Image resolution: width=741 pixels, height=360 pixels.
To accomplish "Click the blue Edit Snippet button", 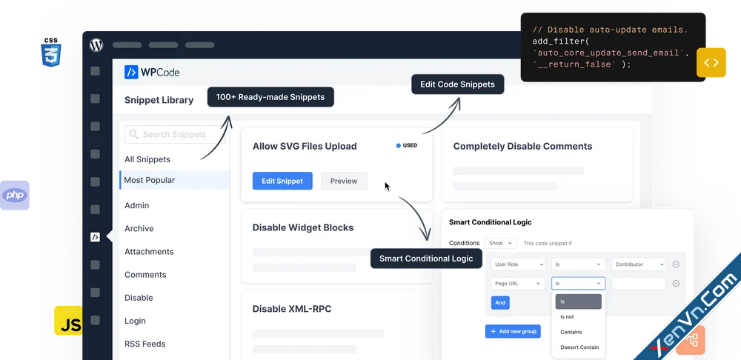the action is pyautogui.click(x=282, y=181).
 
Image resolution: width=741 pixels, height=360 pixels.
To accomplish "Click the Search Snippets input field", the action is pyautogui.click(x=175, y=135).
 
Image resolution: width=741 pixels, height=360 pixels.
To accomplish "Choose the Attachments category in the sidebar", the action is pyautogui.click(x=149, y=251).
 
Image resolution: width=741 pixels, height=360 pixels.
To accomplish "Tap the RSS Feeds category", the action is pyautogui.click(x=144, y=344).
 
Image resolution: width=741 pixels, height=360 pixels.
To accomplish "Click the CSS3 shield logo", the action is pyautogui.click(x=51, y=53).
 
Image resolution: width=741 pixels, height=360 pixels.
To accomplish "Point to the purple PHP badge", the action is pyautogui.click(x=15, y=195).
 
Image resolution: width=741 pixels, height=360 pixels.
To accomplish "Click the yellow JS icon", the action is pyautogui.click(x=68, y=321).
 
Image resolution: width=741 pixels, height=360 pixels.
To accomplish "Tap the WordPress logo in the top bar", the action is pyautogui.click(x=96, y=45).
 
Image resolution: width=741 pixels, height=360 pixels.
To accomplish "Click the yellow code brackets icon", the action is pyautogui.click(x=711, y=62).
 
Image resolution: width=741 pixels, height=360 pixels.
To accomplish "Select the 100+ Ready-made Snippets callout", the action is pyautogui.click(x=270, y=97).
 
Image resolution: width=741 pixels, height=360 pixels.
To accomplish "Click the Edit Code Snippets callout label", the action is pyautogui.click(x=457, y=84).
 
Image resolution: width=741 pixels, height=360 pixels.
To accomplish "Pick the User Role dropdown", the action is pyautogui.click(x=518, y=264).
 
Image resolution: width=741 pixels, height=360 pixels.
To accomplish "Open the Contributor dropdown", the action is pyautogui.click(x=639, y=264).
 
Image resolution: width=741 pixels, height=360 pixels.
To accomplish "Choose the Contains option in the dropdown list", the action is pyautogui.click(x=571, y=332).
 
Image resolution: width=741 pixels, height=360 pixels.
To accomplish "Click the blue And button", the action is pyautogui.click(x=500, y=303).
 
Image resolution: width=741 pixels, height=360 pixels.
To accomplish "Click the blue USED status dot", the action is pyautogui.click(x=399, y=145).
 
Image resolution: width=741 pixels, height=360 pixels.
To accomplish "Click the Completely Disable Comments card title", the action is pyautogui.click(x=522, y=147).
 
